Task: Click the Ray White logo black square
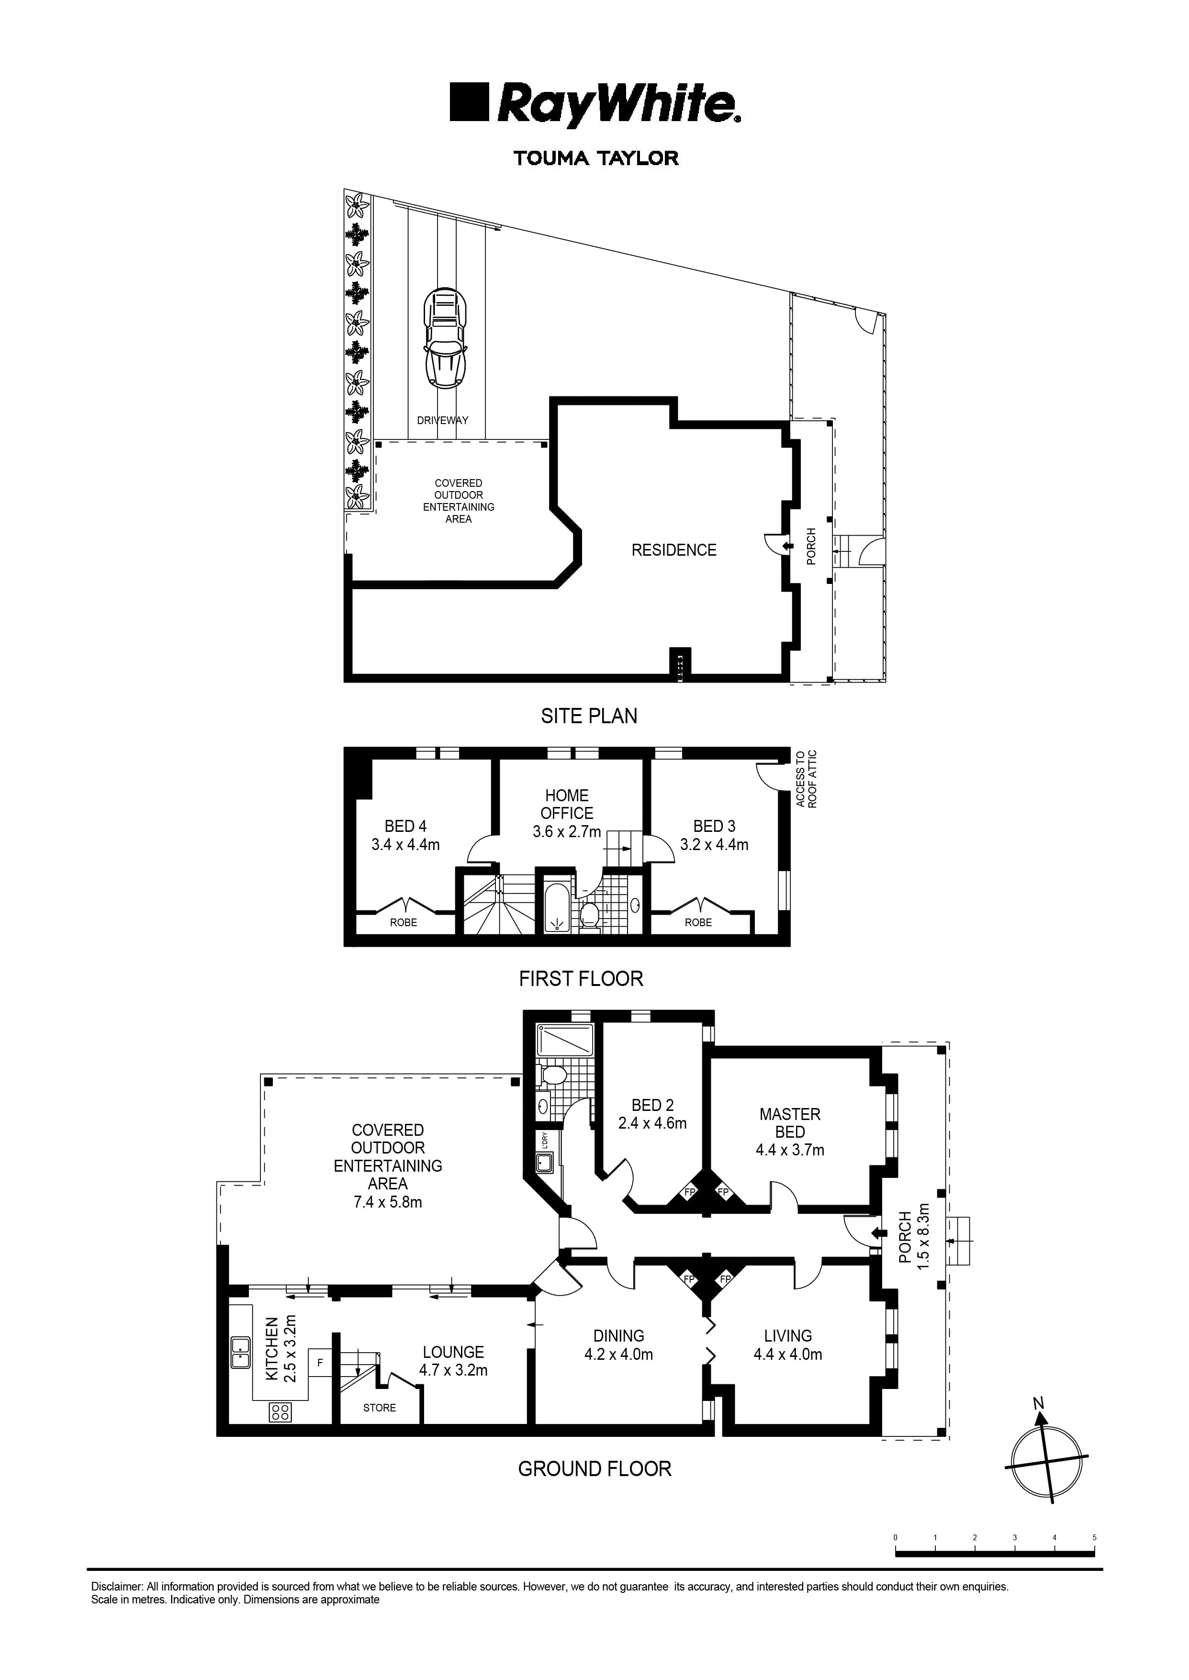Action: [x=469, y=102]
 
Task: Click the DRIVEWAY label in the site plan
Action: [x=442, y=420]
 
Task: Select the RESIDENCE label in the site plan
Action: [x=673, y=550]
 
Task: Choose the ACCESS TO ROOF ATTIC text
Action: [x=806, y=779]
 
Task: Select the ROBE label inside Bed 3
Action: [x=698, y=922]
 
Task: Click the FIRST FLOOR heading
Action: [x=581, y=978]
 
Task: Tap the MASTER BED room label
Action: [x=789, y=1123]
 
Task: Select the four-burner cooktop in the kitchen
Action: [x=280, y=1411]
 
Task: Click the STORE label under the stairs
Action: [x=379, y=1407]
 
